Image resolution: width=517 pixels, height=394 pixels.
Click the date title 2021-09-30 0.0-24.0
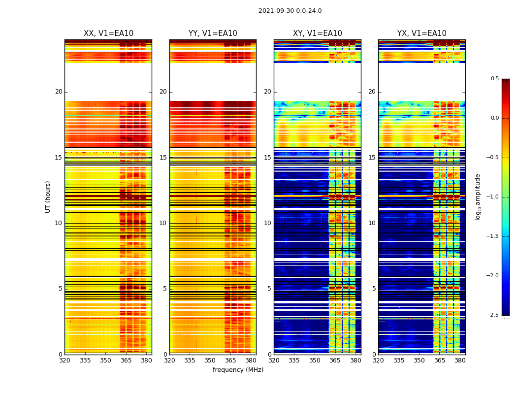click(x=290, y=11)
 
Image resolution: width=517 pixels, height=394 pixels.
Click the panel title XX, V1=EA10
click(x=108, y=33)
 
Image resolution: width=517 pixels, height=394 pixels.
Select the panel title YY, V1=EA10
click(x=213, y=33)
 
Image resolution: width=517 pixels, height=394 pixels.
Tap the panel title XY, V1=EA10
click(x=317, y=33)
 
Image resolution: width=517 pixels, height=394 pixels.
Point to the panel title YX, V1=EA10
click(x=421, y=33)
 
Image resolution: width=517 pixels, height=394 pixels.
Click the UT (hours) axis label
click(x=48, y=197)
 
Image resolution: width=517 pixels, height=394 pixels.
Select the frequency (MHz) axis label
click(x=238, y=370)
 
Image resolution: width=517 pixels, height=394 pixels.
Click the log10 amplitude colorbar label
click(x=478, y=197)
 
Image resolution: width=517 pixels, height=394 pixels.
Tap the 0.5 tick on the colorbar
click(x=494, y=79)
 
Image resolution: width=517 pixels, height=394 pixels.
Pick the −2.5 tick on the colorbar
click(x=494, y=315)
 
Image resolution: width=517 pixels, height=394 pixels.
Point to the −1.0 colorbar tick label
click(x=494, y=197)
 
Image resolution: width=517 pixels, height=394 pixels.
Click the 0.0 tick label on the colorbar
click(x=494, y=118)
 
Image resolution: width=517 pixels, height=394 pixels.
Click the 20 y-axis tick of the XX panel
click(x=59, y=92)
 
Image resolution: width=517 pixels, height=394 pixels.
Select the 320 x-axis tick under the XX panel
click(x=65, y=360)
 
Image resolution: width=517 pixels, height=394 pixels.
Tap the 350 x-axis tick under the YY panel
click(x=210, y=360)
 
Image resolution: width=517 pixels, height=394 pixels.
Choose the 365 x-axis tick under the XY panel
click(x=335, y=360)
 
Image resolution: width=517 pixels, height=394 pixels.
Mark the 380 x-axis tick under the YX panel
click(x=460, y=360)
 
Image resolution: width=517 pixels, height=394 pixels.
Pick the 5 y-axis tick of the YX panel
click(x=374, y=289)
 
